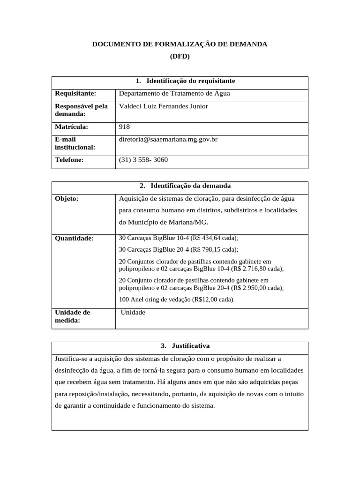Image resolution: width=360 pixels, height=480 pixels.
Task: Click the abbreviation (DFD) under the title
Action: point(180,56)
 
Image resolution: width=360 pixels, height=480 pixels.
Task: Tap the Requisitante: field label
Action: point(75,93)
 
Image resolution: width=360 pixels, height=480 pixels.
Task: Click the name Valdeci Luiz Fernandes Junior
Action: point(164,106)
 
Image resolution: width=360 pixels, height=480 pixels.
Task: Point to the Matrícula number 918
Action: point(125,127)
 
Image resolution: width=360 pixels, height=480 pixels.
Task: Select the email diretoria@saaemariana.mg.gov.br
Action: point(168,139)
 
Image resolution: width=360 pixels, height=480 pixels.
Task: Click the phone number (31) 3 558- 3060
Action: point(143,160)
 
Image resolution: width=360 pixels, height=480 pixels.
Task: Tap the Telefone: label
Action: point(69,160)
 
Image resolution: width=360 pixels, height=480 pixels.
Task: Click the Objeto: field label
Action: point(67,198)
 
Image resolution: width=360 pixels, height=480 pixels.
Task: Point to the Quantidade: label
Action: point(75,238)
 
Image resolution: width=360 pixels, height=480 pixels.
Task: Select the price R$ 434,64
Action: point(204,238)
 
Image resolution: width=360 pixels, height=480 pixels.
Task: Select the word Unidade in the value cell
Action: point(133,313)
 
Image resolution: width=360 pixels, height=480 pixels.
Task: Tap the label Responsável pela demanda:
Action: point(81,110)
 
